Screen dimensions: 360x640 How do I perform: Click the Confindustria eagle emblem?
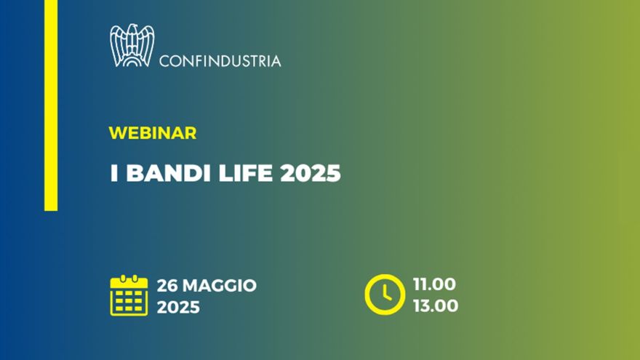[132, 45]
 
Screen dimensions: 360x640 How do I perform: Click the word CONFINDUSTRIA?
[220, 61]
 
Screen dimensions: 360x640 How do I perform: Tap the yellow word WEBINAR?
[152, 133]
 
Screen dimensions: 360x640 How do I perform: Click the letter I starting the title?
[113, 175]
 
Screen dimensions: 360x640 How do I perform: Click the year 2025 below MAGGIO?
[178, 307]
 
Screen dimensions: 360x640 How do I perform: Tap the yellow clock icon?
[385, 295]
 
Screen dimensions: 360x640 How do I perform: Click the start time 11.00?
[435, 284]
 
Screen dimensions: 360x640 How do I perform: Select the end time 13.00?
[435, 306]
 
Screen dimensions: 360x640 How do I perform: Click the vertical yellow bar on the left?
[51, 105]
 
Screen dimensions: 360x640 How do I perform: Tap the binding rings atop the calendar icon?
[129, 278]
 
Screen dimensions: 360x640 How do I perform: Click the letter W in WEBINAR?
[116, 133]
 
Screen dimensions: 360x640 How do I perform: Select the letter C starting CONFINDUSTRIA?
[164, 61]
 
